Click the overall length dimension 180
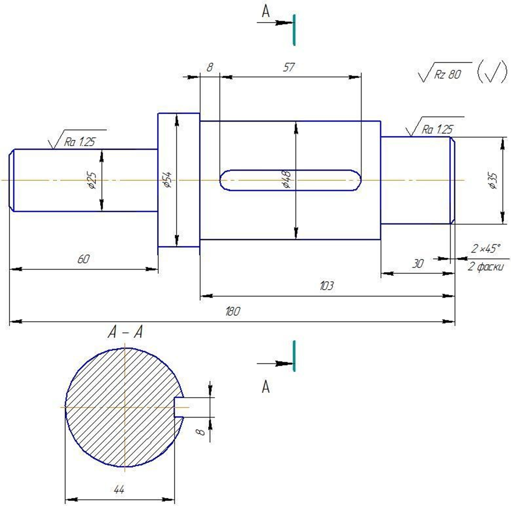tap(233, 311)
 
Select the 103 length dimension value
tap(327, 285)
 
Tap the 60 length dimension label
tap(83, 259)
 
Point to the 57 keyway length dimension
tap(289, 67)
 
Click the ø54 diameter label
tap(167, 180)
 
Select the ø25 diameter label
tap(92, 180)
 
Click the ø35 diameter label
tap(493, 181)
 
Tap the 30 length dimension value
tap(418, 263)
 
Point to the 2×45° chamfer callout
tap(485, 248)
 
